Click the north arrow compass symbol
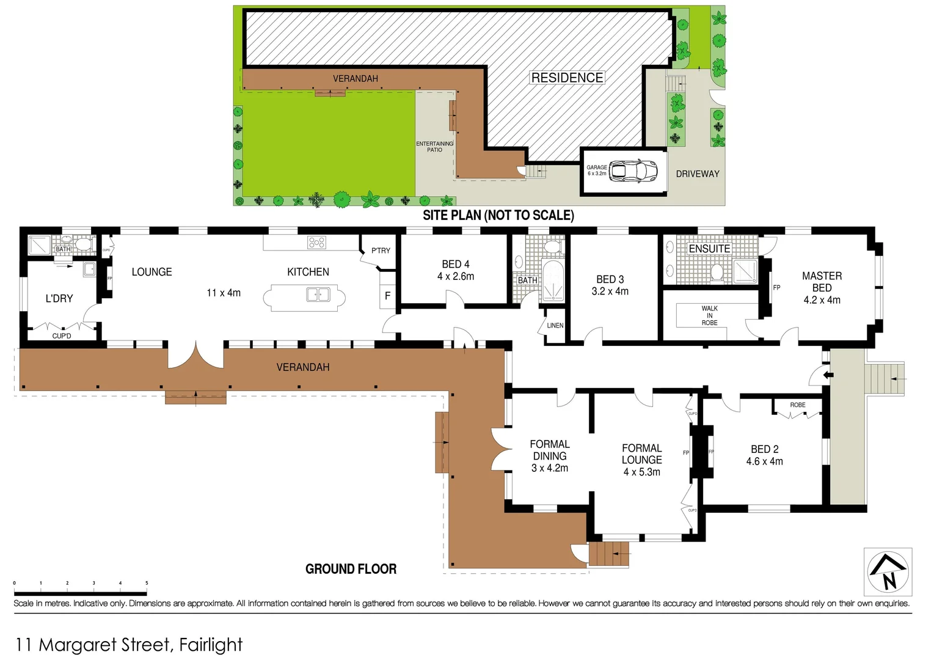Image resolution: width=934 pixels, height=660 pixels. pos(888,573)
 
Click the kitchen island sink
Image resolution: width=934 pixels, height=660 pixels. pos(318,295)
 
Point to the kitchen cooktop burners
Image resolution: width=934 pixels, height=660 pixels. pos(316,243)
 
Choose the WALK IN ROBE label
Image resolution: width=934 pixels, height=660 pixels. pos(709,315)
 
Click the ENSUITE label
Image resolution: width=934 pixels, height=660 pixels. pos(709,249)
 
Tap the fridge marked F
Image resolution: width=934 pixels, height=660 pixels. pos(387,296)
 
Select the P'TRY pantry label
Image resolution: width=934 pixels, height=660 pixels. pos(381,251)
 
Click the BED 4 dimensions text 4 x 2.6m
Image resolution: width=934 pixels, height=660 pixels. pos(456,277)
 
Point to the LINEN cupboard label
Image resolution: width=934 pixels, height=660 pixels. pos(555,326)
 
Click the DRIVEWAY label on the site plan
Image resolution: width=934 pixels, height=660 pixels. pos(697,174)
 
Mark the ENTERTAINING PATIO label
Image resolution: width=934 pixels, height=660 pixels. pos(434,147)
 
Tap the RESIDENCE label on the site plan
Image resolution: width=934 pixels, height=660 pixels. pos(567,78)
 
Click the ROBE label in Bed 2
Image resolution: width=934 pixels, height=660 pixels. pos(797,405)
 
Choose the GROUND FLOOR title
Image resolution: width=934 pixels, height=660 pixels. pos(351,569)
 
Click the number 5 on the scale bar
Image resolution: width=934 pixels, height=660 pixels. pos(147,583)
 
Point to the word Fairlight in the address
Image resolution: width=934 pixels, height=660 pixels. pos(211,645)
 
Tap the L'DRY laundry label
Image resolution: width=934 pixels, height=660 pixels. pos(59,299)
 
